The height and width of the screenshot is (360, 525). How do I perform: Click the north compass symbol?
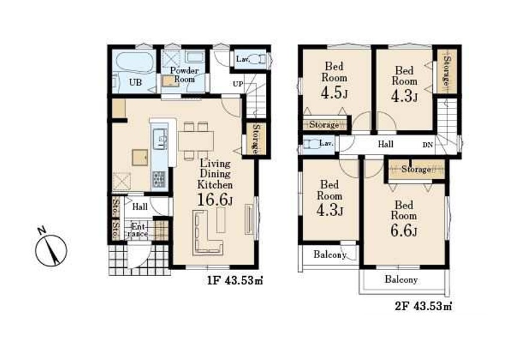(51, 250)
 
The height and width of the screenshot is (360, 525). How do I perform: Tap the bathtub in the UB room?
(135, 62)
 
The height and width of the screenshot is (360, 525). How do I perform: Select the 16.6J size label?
(215, 200)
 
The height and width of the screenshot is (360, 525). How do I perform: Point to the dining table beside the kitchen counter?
(196, 141)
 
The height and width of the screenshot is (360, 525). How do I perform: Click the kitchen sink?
(160, 138)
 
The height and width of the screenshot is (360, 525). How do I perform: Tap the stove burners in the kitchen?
(159, 180)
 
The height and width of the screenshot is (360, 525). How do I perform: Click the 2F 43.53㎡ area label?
(424, 306)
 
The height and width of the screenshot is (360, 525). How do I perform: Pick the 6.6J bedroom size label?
(404, 231)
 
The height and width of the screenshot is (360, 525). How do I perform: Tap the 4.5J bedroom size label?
(334, 93)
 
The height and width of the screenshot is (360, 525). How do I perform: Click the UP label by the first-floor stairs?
(238, 84)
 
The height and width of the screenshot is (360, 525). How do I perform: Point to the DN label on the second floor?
(427, 145)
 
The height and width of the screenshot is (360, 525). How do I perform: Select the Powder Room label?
(184, 75)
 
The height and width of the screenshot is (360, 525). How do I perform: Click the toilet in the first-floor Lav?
(259, 60)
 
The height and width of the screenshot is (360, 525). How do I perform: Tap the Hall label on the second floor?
(386, 144)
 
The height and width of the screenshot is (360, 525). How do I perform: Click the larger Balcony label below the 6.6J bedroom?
(401, 279)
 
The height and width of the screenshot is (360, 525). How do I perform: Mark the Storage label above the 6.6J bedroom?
(416, 170)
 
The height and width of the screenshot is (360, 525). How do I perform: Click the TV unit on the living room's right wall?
(250, 219)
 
